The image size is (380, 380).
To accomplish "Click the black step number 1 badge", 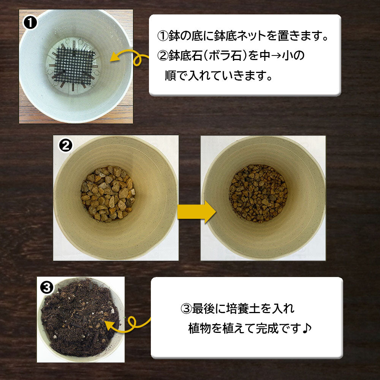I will tap(30, 23).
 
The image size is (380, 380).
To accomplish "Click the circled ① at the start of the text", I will tap(162, 37).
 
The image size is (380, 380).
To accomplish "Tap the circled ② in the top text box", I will tap(162, 56).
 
